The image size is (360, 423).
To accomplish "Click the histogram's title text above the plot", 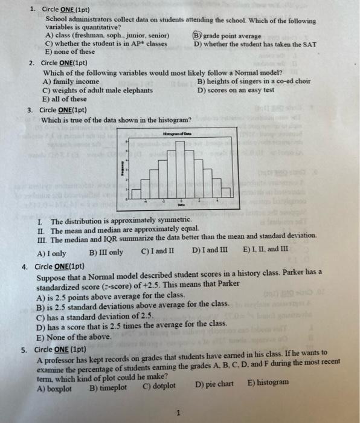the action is (176, 134).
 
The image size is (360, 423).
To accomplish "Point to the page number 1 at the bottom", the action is (179, 413).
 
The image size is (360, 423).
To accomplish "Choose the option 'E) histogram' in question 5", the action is (268, 384).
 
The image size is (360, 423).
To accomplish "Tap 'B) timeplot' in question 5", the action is (108, 387).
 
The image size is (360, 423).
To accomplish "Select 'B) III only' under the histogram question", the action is (106, 252).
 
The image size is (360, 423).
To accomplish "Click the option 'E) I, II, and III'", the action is (266, 249).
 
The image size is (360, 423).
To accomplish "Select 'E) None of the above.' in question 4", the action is (74, 337).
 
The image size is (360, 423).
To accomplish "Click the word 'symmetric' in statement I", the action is (173, 222).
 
